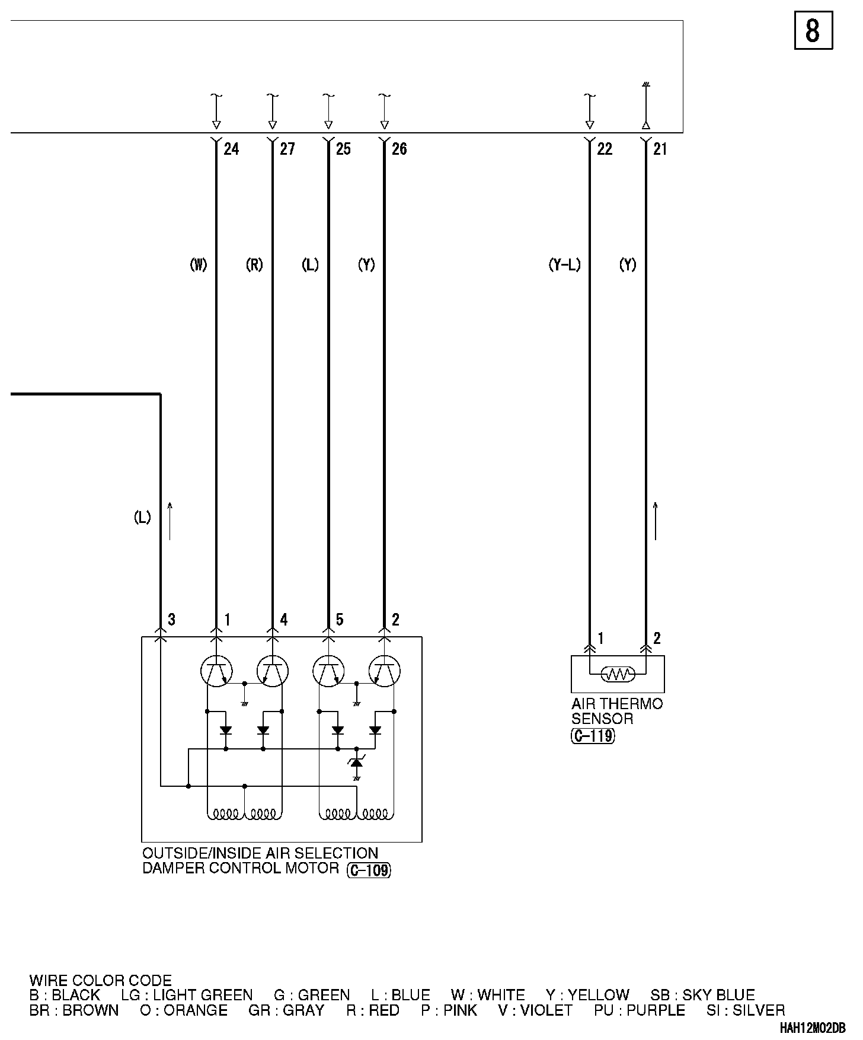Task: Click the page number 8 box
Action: click(x=813, y=30)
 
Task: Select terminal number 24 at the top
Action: click(x=231, y=149)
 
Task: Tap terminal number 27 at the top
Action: click(x=287, y=149)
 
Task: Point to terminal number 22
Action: click(x=605, y=149)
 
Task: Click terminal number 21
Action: click(x=660, y=149)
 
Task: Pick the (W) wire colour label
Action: click(x=198, y=265)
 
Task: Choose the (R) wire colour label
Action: click(x=254, y=265)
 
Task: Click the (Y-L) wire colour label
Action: click(x=564, y=265)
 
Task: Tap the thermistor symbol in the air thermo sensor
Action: click(x=618, y=674)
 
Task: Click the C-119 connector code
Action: click(x=593, y=736)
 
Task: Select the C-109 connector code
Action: click(x=369, y=870)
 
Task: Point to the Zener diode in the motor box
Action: click(x=357, y=763)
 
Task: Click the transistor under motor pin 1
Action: click(x=216, y=672)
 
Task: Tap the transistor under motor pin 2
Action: click(x=384, y=672)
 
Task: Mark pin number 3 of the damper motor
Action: click(x=171, y=620)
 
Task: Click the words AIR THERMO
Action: click(x=617, y=704)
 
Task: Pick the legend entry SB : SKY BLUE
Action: click(x=702, y=995)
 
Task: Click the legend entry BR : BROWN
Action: click(x=74, y=1010)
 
